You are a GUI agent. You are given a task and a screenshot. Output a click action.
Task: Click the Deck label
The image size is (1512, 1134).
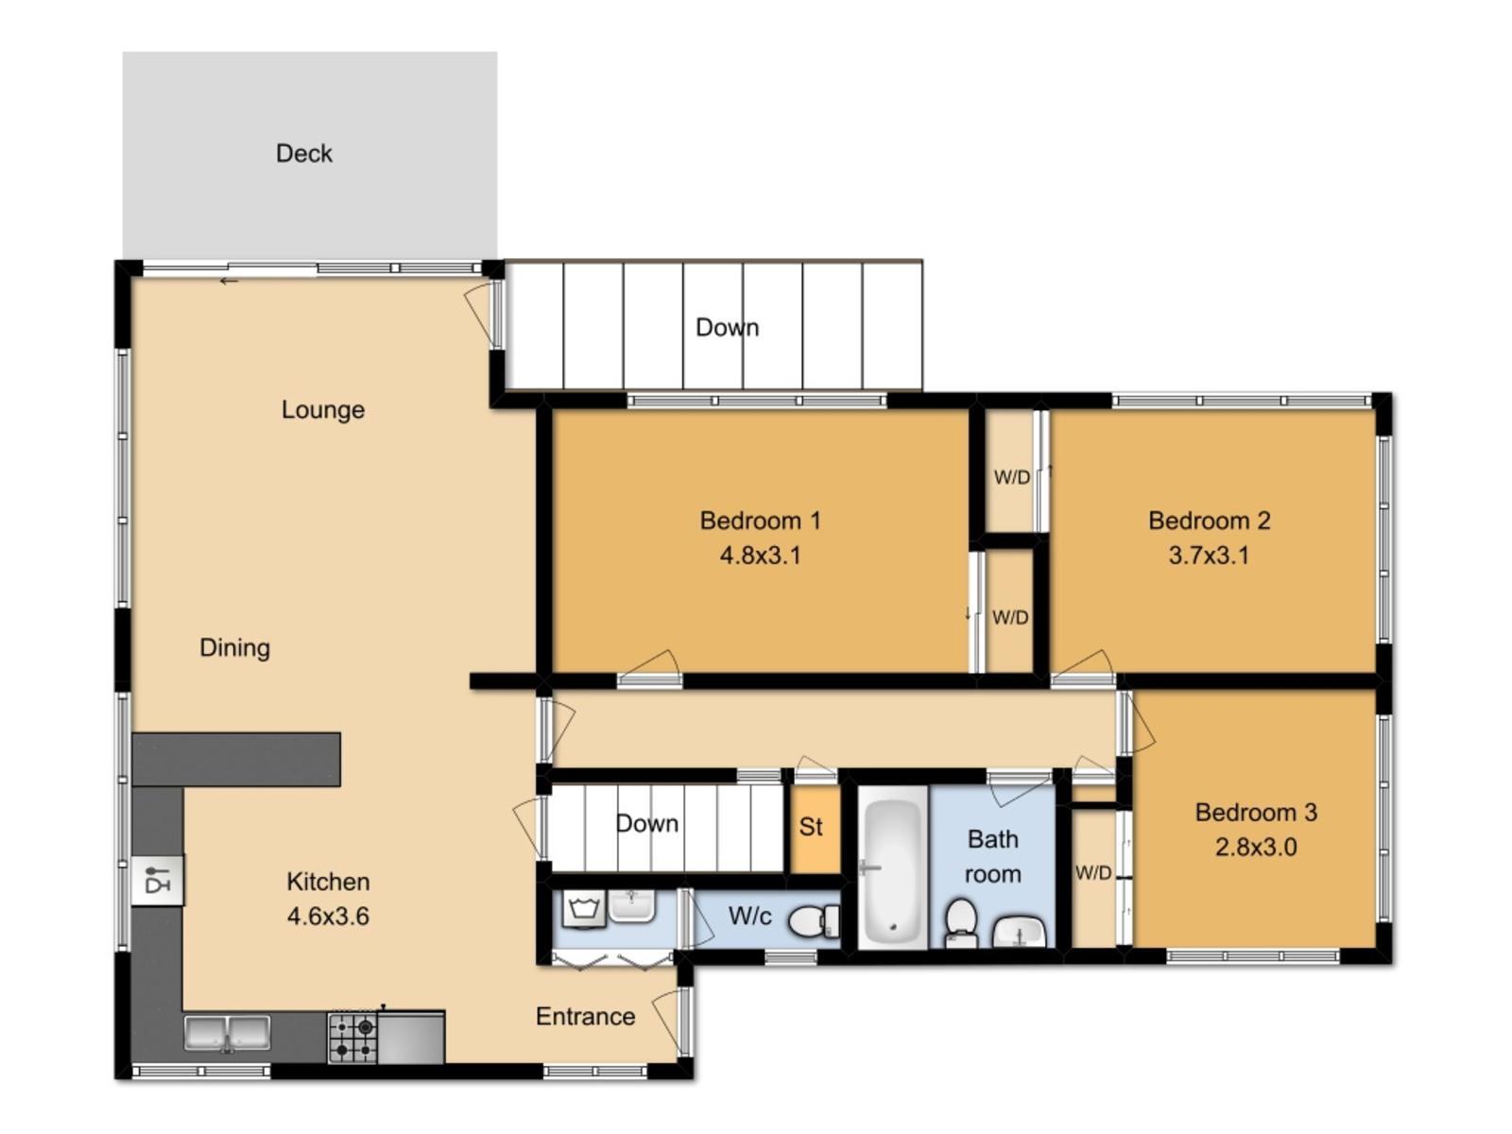[x=303, y=153]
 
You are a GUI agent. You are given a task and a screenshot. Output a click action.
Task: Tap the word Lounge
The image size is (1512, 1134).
[x=323, y=410]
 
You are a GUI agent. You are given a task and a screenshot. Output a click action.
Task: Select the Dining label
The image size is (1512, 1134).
[x=235, y=648]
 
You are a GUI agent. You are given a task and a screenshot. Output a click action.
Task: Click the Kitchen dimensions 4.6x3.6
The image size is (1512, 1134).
[x=328, y=917]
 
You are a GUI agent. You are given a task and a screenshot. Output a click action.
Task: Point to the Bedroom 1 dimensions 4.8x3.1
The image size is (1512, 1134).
[x=761, y=555]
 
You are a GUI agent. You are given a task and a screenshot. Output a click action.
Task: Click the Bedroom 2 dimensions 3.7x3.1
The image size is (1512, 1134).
[x=1209, y=555]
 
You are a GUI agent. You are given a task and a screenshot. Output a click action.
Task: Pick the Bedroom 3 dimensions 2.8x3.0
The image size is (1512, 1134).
[x=1256, y=847]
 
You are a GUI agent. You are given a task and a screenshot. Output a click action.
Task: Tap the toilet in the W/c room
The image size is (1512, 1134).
[x=814, y=921]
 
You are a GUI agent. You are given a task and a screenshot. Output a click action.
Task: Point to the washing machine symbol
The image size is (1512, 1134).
[x=584, y=909]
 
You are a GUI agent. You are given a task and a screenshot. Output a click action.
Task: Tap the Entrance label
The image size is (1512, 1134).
[x=586, y=1016]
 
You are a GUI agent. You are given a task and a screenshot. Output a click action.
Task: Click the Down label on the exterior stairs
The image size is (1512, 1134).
[x=728, y=327]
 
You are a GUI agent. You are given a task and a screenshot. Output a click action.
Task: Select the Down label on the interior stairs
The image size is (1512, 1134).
[x=646, y=823]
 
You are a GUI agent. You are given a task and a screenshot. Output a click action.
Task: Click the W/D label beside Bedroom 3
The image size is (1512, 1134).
[x=1093, y=873]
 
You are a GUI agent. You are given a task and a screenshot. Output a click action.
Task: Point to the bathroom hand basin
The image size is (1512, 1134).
[x=1019, y=933]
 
